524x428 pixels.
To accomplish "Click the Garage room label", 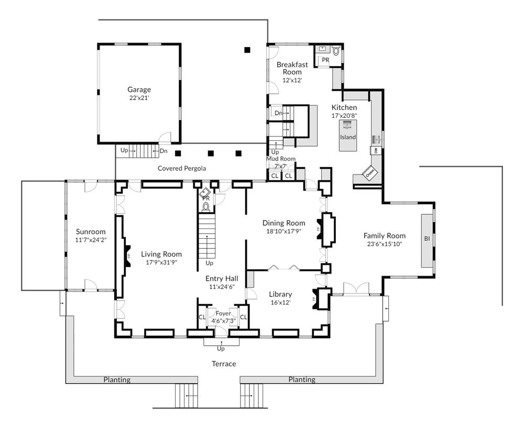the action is (139, 90).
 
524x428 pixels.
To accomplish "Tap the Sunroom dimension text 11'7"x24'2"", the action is (91, 240).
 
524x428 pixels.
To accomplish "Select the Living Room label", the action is (161, 254).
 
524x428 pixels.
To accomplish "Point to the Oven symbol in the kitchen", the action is (370, 173).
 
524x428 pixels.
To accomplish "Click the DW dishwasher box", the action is (376, 151).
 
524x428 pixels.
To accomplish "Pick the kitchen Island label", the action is (348, 137).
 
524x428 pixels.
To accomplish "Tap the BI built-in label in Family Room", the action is (427, 238).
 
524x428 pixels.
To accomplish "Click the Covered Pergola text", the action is (182, 168).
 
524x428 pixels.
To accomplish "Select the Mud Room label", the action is (281, 159).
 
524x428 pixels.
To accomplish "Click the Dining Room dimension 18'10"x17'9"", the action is (283, 231).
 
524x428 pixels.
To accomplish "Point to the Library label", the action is (280, 294).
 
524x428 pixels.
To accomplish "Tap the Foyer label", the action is (223, 313).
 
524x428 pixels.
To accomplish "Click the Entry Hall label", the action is (222, 279).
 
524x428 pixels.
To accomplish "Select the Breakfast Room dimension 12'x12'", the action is (292, 80).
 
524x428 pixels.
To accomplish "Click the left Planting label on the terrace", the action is (117, 380).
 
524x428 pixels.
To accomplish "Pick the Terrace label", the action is (224, 364).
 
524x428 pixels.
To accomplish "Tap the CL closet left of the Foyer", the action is (202, 317).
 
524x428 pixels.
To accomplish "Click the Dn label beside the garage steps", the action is (163, 151).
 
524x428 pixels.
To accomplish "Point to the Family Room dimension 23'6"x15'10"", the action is (385, 244).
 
